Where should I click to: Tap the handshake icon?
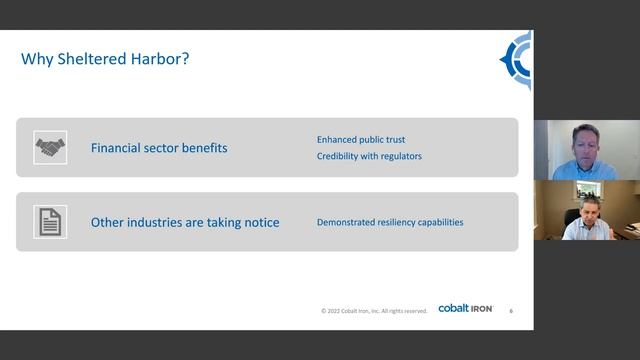coord(49,148)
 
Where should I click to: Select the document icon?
coord(49,221)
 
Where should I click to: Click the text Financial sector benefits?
coord(159,148)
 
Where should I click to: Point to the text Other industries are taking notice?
coord(185,222)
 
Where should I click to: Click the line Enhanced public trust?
coord(361,139)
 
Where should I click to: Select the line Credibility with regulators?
coord(369,157)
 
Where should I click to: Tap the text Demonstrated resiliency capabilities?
coord(390,222)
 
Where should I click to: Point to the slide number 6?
coord(511,310)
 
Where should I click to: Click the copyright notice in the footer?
coord(374,310)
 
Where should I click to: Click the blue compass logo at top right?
coord(518,61)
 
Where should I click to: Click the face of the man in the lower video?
coord(582,208)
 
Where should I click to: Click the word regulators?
coord(399,157)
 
